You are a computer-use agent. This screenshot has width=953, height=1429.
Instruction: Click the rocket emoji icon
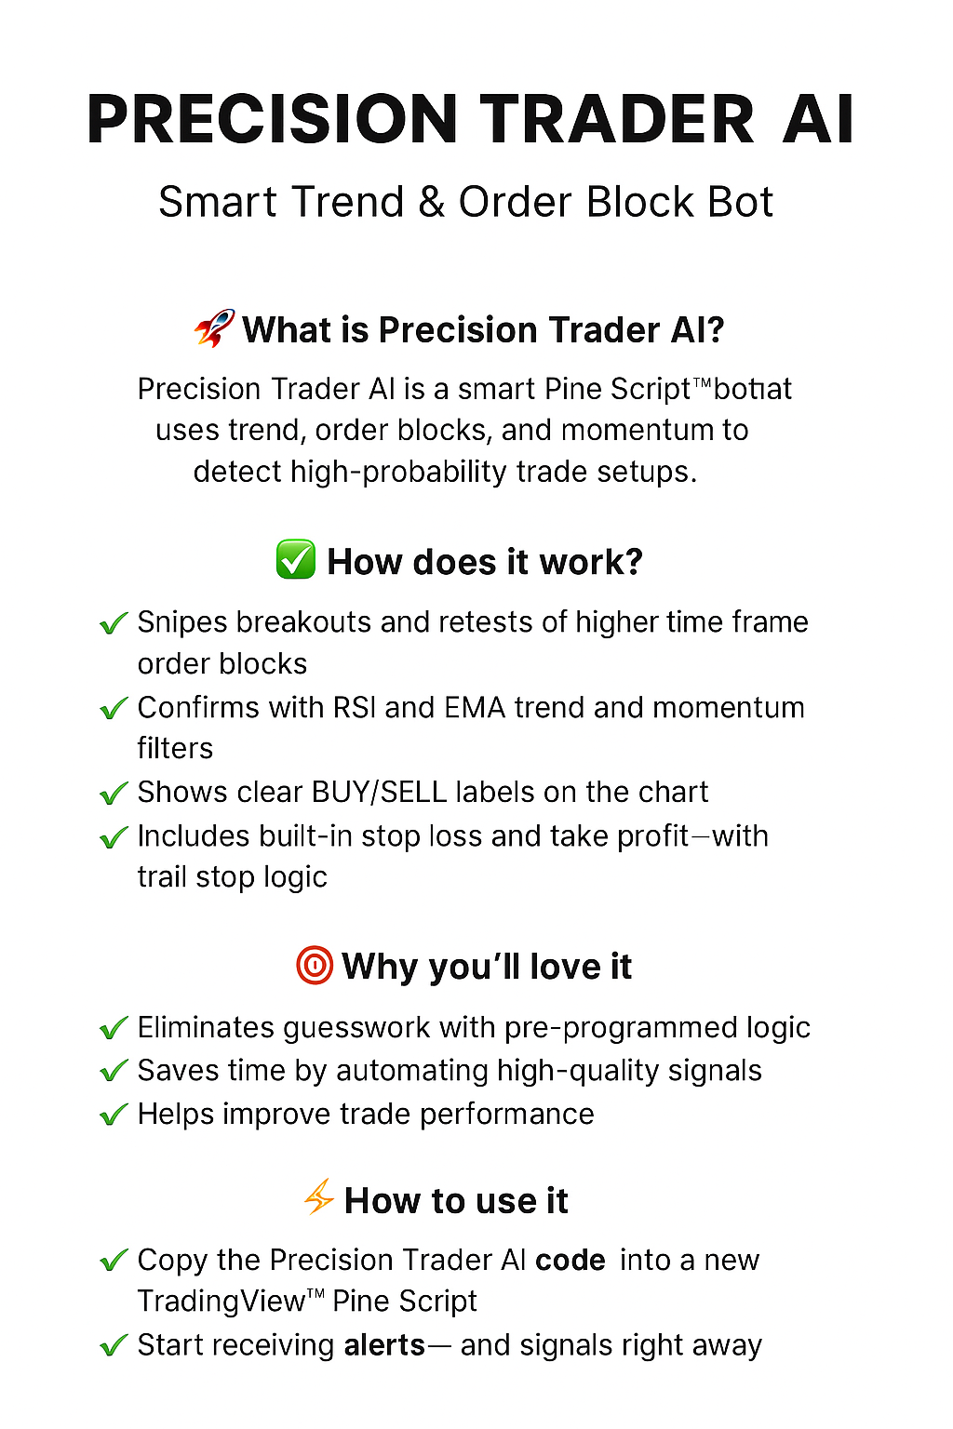click(x=214, y=328)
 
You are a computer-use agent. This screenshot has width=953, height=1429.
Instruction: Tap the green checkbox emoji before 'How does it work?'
click(x=296, y=560)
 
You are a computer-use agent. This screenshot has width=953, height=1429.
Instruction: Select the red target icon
click(x=314, y=966)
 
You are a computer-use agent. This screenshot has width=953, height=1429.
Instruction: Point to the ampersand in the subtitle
click(x=431, y=203)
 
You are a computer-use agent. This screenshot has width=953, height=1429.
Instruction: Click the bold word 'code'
click(x=570, y=1260)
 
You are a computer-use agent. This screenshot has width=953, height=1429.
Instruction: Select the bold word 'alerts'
click(x=384, y=1345)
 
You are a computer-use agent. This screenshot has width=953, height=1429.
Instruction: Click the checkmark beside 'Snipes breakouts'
click(x=114, y=622)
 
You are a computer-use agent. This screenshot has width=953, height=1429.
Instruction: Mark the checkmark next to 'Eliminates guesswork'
click(x=114, y=1028)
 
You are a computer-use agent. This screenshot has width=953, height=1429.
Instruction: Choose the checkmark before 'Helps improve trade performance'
click(x=114, y=1114)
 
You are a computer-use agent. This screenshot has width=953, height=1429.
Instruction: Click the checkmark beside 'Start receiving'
click(x=114, y=1345)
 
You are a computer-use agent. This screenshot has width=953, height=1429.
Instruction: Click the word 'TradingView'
click(x=221, y=1301)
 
